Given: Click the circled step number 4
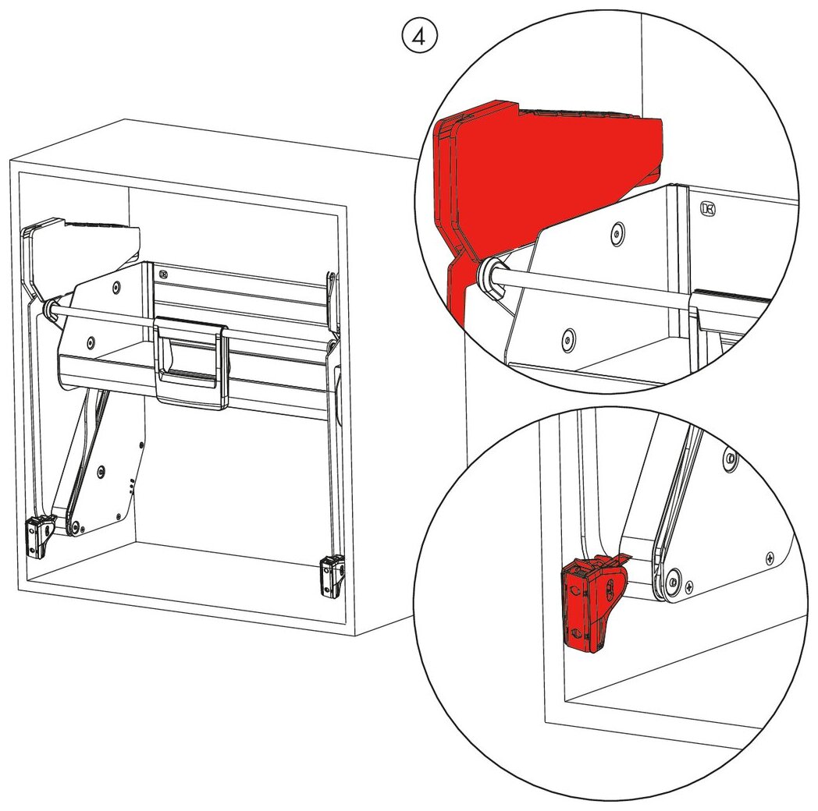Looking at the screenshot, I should pyautogui.click(x=419, y=37).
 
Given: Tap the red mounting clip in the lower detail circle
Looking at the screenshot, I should pyautogui.click(x=594, y=601).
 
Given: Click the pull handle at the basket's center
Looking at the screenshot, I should pyautogui.click(x=191, y=363).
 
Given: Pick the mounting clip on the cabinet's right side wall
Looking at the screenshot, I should pyautogui.click(x=332, y=575).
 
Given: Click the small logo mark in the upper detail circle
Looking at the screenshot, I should pyautogui.click(x=709, y=208).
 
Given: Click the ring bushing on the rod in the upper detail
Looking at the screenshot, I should pyautogui.click(x=493, y=276).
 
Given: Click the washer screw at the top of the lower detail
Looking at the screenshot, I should pyautogui.click(x=730, y=458).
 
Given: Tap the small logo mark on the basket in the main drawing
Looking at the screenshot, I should pyautogui.click(x=163, y=274).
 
